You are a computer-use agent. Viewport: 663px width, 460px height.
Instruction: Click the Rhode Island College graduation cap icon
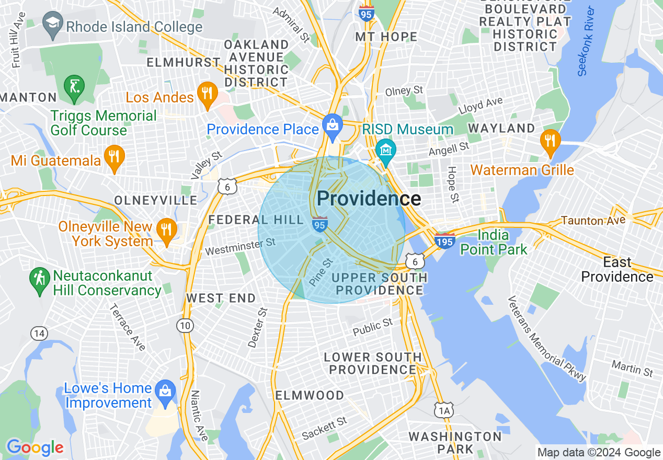53,25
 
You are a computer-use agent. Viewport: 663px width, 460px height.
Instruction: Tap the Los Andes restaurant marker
208,95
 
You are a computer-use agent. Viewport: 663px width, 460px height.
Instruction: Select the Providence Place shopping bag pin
331,125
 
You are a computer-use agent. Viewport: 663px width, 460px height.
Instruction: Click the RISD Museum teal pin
386,151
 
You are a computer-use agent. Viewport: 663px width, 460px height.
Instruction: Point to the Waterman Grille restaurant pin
550,141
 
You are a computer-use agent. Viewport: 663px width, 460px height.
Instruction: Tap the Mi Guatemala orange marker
113,157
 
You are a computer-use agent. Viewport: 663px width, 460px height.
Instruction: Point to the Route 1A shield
444,410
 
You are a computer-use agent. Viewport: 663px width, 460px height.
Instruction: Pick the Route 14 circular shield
38,333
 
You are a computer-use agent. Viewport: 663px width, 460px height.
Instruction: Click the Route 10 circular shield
185,326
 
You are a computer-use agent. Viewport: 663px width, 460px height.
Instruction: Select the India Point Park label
494,242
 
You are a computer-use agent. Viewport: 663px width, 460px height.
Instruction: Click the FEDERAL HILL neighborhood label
255,220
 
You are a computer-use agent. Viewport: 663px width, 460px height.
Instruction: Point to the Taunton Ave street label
593,221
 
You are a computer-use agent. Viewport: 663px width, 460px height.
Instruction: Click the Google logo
35,447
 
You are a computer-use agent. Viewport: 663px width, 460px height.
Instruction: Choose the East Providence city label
617,269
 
